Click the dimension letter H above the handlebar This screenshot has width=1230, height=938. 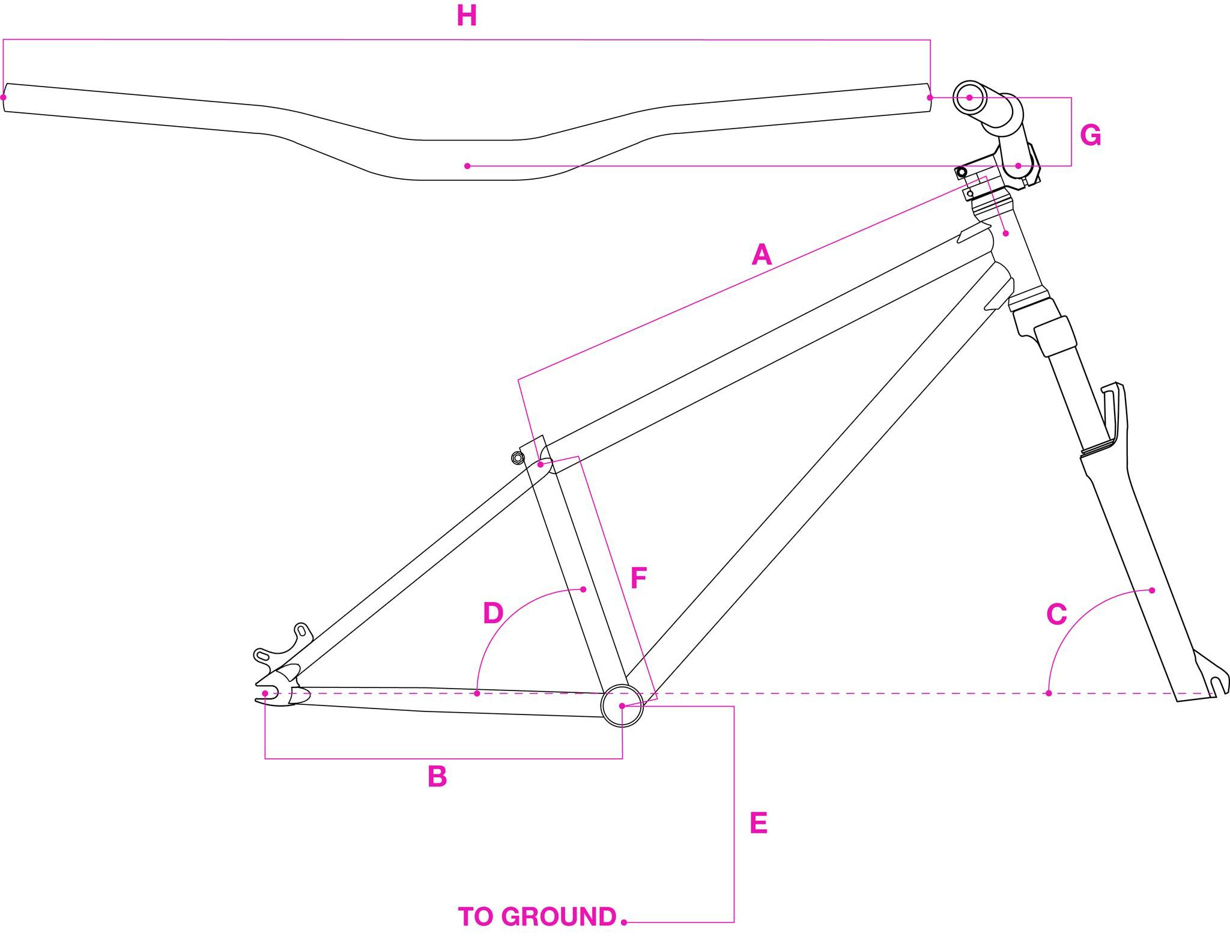[x=467, y=16]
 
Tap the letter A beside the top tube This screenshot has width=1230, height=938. [x=761, y=254]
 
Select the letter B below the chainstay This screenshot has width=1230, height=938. [x=437, y=776]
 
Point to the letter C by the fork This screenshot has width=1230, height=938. [x=1056, y=614]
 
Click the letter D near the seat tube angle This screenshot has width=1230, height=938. [x=493, y=613]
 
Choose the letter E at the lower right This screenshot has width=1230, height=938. [x=759, y=823]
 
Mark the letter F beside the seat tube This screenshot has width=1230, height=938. [x=638, y=578]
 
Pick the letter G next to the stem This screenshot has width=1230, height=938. [x=1091, y=135]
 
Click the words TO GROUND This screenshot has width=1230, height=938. [x=538, y=916]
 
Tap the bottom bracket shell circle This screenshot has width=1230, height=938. [x=622, y=705]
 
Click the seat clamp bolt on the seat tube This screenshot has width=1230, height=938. [x=518, y=458]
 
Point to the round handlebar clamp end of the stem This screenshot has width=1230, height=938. [x=969, y=97]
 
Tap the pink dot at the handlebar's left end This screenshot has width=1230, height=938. [x=4, y=97]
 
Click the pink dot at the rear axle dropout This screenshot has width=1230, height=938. [x=265, y=693]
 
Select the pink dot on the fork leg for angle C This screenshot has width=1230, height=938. [x=1152, y=590]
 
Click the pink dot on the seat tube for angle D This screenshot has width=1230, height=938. [x=583, y=589]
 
